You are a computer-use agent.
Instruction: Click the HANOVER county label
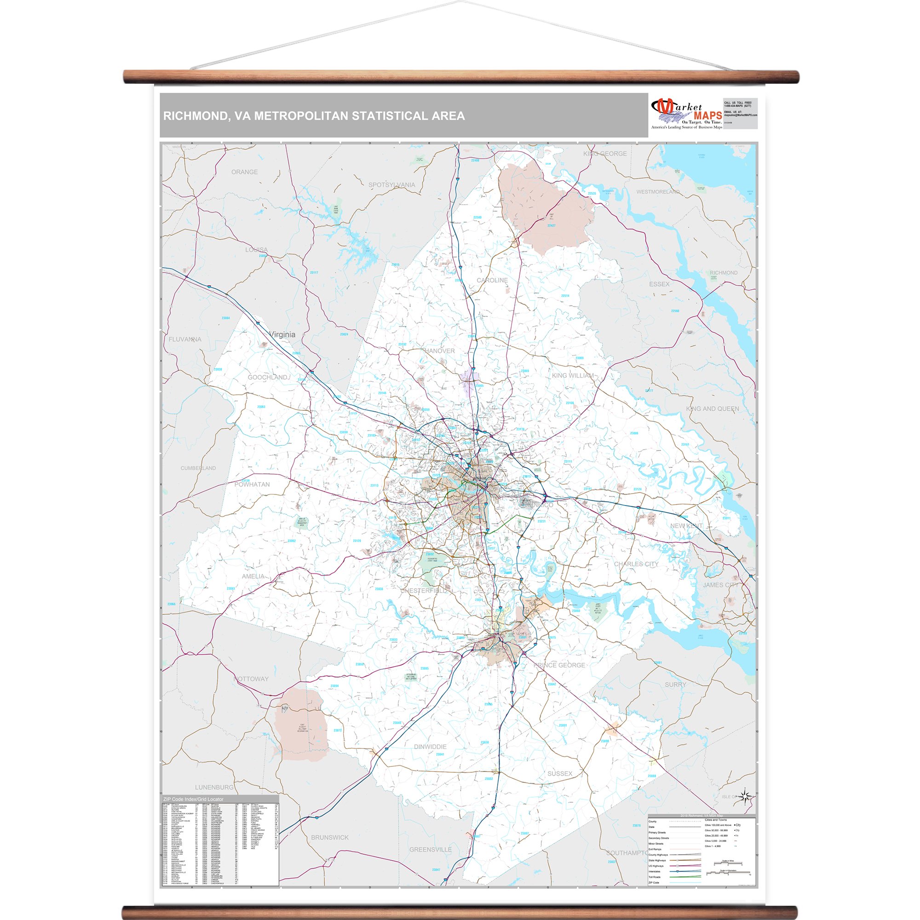coord(439,351)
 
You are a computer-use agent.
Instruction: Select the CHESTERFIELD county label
coord(423,591)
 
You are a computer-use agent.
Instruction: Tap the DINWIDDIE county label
coord(430,747)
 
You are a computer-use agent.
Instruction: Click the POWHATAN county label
coord(252,485)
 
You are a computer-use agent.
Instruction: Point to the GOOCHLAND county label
coord(268,377)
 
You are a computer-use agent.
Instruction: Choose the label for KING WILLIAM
coord(573,376)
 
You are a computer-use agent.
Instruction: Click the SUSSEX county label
coord(559,774)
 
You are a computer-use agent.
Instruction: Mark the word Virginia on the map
coord(282,335)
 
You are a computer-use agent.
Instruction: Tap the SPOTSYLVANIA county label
coord(391,185)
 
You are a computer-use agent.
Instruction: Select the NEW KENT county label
coord(686,526)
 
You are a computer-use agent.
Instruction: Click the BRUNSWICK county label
coord(329,838)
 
